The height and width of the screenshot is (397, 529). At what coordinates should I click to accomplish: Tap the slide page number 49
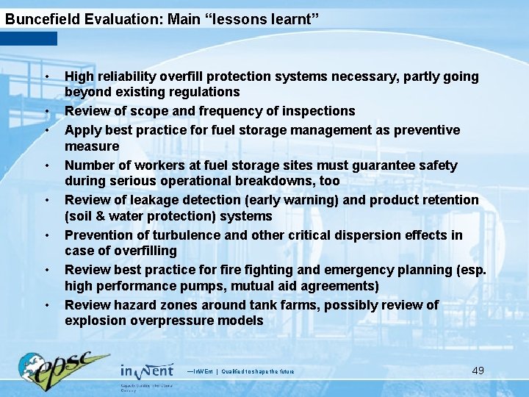(x=478, y=370)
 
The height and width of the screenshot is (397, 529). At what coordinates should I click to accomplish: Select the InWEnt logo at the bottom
(x=147, y=371)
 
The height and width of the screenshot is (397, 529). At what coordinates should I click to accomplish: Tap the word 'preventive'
(x=429, y=130)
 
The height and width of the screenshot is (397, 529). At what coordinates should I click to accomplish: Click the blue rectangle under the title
(x=29, y=38)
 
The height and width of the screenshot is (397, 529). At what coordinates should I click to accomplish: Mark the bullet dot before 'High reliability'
(x=46, y=77)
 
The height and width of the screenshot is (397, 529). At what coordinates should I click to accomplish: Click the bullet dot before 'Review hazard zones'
(x=46, y=305)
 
